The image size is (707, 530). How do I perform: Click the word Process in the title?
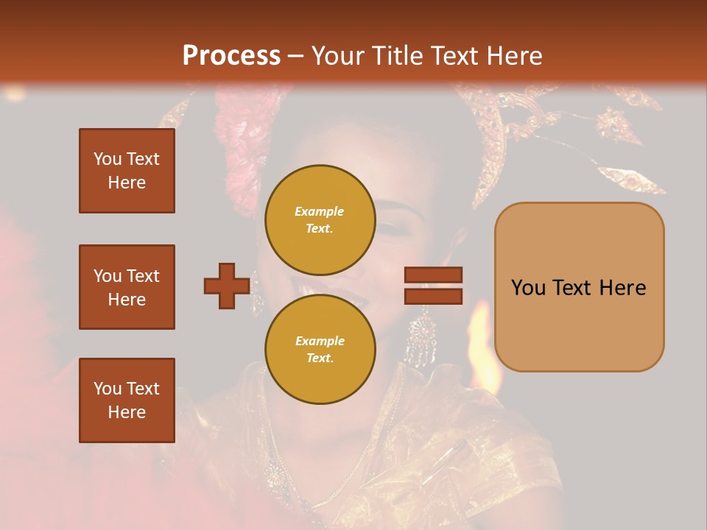click(x=231, y=56)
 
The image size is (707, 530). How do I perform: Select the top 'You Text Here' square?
click(x=127, y=171)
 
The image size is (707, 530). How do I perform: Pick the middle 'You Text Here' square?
click(x=127, y=287)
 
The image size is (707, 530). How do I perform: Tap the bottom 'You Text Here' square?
click(x=127, y=400)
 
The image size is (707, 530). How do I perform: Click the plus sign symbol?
click(x=227, y=286)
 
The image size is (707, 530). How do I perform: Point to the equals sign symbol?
click(x=433, y=286)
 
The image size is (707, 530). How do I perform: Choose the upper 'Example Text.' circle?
click(x=320, y=219)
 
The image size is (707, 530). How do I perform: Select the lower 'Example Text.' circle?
click(x=320, y=349)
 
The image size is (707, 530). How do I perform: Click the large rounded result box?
click(x=579, y=287)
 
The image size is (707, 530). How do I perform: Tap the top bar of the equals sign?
click(x=433, y=275)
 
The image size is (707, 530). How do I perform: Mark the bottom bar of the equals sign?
click(x=433, y=296)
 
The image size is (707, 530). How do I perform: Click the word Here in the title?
click(x=516, y=56)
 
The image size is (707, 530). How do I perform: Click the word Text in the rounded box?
click(x=578, y=288)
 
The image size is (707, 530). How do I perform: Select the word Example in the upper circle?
click(x=320, y=211)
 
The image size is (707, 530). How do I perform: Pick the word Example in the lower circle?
click(x=320, y=341)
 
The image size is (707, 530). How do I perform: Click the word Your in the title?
click(x=337, y=56)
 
